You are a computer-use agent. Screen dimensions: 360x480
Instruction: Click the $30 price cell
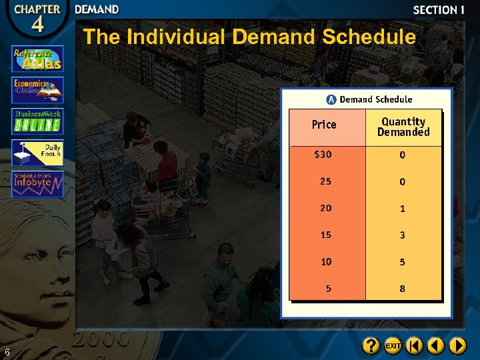click(323, 155)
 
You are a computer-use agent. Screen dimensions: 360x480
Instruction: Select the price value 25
click(325, 181)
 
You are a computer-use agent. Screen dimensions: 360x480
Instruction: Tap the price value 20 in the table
click(325, 208)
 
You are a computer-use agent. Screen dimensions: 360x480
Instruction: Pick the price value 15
click(325, 235)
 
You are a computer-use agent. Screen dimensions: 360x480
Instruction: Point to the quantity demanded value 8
click(402, 289)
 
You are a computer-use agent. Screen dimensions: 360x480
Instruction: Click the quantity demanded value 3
click(402, 235)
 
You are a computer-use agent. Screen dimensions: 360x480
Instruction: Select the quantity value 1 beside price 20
click(402, 209)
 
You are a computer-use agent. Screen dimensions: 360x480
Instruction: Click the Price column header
click(324, 125)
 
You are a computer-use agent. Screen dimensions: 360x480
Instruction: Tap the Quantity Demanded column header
click(403, 127)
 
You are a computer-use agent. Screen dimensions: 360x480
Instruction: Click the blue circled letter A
click(331, 99)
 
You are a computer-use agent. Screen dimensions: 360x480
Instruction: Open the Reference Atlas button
click(37, 59)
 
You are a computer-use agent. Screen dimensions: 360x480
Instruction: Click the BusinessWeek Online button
click(37, 121)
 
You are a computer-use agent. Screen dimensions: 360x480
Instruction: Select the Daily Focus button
click(37, 153)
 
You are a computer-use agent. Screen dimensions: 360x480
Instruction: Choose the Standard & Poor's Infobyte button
click(37, 184)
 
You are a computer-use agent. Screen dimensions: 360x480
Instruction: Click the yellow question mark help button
click(371, 345)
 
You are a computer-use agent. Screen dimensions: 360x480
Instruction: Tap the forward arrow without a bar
click(457, 345)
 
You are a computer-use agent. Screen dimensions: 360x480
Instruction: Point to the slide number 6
click(7, 352)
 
